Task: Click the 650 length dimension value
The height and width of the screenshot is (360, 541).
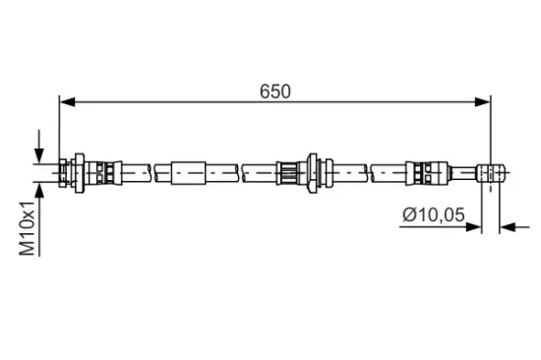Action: tap(275, 90)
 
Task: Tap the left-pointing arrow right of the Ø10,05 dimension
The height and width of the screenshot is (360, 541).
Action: tap(508, 228)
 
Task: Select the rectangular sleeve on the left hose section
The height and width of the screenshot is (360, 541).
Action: tap(190, 172)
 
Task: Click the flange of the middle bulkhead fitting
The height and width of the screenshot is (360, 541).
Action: tap(312, 172)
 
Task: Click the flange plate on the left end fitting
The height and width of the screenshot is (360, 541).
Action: tap(76, 172)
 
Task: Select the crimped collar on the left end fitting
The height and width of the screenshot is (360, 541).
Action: tap(105, 172)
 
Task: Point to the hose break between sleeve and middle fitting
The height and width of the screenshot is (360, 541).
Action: tap(242, 172)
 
